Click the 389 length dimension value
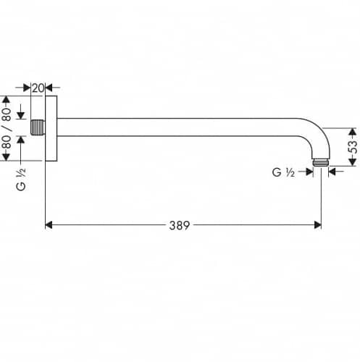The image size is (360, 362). click(x=180, y=225)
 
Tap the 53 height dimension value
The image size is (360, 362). click(x=353, y=147)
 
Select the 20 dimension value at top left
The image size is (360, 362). click(x=38, y=88)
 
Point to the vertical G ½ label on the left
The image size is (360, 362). click(x=21, y=180)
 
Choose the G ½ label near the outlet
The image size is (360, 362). click(x=283, y=172)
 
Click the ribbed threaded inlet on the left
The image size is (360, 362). click(x=38, y=127)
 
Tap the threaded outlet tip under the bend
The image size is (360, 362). click(x=321, y=162)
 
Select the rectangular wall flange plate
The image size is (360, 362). click(x=51, y=128)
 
